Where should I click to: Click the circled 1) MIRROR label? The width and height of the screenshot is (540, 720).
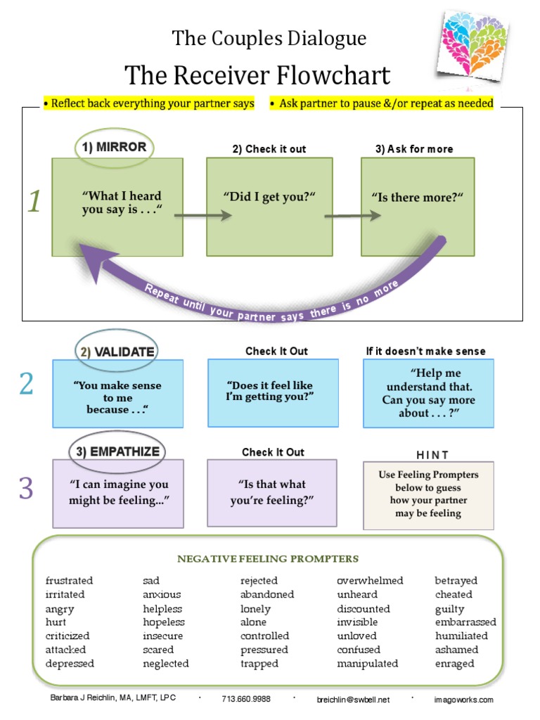click(x=112, y=147)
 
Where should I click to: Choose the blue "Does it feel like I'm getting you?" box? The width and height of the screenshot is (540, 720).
click(x=273, y=393)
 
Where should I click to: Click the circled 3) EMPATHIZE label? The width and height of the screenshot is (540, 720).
click(x=117, y=451)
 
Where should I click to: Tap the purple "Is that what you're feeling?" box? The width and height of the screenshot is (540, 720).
click(x=271, y=492)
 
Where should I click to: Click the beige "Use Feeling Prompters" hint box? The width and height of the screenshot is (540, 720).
click(x=428, y=494)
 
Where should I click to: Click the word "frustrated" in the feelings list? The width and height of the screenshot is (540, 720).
click(x=69, y=581)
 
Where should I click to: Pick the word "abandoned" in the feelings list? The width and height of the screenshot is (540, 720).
click(x=267, y=594)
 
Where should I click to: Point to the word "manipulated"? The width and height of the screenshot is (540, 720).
click(x=367, y=663)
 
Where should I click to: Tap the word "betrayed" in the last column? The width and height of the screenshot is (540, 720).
click(x=456, y=581)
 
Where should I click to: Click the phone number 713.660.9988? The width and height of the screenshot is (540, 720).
click(x=246, y=699)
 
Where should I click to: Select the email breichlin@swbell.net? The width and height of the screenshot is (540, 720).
click(x=352, y=699)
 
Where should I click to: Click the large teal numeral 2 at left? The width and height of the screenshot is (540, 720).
click(x=26, y=385)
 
